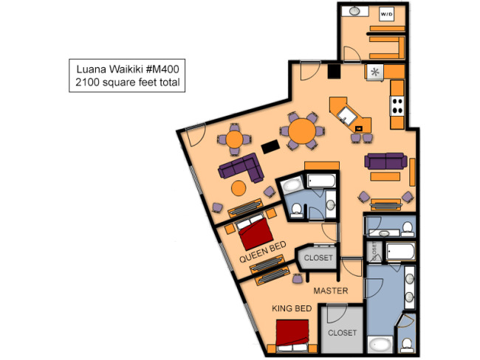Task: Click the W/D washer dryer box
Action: click(386, 14)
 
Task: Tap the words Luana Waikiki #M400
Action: click(127, 69)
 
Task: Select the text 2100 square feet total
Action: click(127, 83)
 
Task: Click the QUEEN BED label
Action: click(263, 252)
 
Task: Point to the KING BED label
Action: click(292, 308)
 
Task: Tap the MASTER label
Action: click(331, 291)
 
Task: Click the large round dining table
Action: click(302, 131)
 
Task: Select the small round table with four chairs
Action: click(235, 139)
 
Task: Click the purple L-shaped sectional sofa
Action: click(241, 168)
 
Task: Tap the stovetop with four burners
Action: click(397, 105)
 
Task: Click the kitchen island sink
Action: click(347, 116)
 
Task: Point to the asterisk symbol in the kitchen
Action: click(375, 72)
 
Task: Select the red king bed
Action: click(292, 336)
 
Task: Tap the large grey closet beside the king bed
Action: click(342, 330)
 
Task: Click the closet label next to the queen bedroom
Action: click(318, 258)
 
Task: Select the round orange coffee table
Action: click(239, 188)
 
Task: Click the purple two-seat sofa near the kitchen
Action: click(385, 161)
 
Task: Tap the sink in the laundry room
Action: click(354, 11)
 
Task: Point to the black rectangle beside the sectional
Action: click(270, 147)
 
